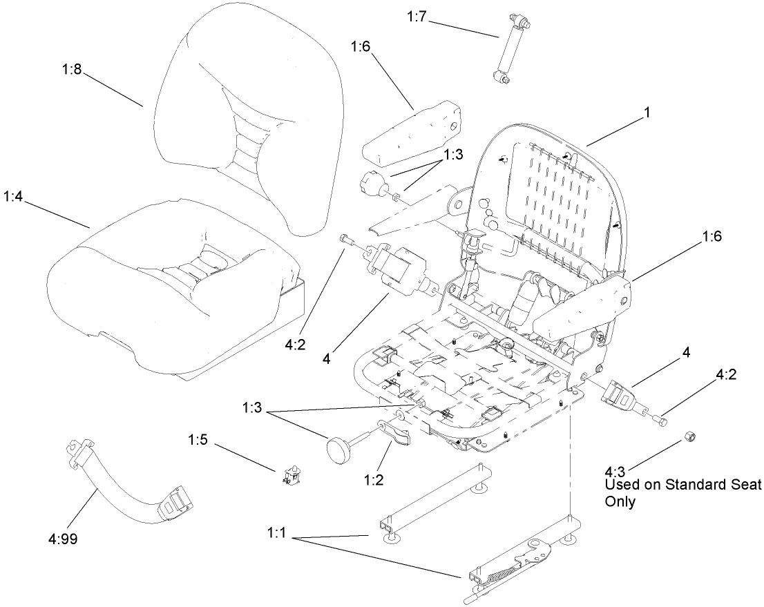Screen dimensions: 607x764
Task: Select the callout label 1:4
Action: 14,196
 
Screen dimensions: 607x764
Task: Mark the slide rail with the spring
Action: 511,563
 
